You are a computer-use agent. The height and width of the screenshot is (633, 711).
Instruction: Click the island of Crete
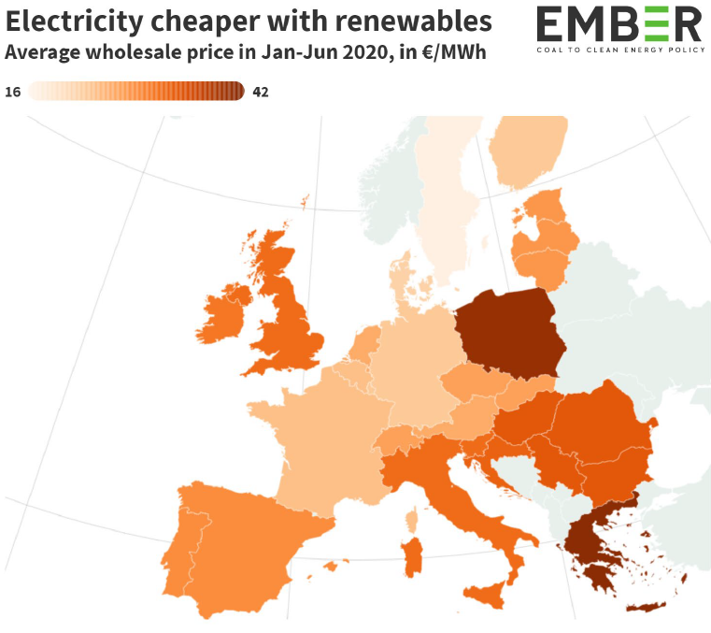tap(646, 607)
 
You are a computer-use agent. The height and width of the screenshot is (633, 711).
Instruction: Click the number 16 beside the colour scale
tap(13, 92)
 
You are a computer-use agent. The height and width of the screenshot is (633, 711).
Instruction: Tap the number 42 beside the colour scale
tap(261, 92)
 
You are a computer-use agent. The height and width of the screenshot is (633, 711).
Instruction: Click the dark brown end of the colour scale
tap(235, 91)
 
